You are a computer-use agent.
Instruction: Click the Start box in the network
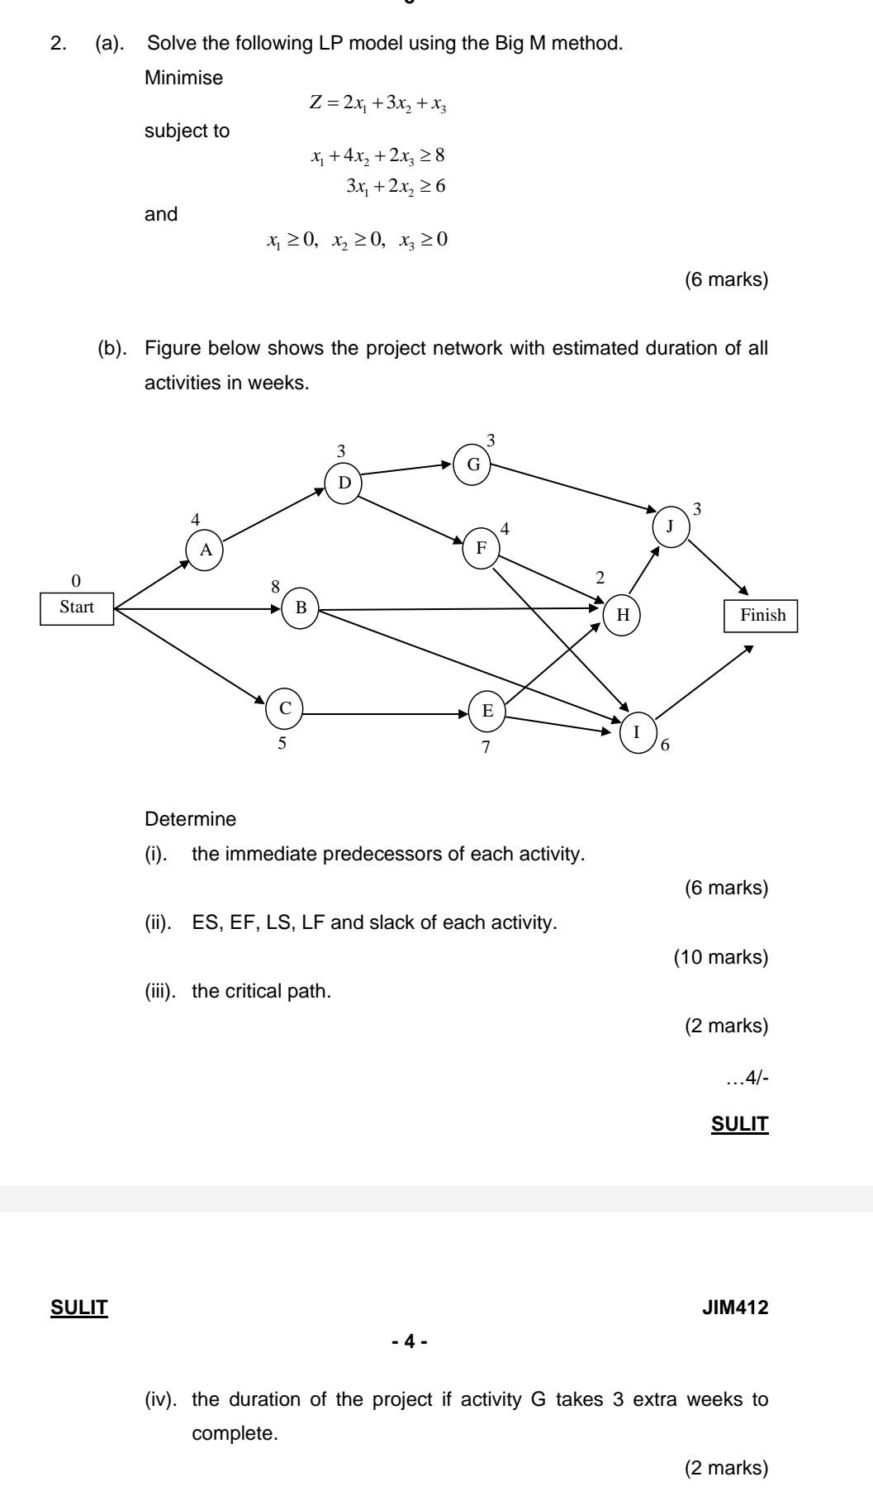(x=77, y=607)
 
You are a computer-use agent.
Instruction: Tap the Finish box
(x=761, y=616)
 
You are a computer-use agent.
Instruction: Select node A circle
(x=205, y=550)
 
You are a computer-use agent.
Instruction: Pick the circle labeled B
(x=301, y=609)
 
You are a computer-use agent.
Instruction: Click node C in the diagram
(x=285, y=708)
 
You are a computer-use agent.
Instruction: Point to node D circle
(x=344, y=483)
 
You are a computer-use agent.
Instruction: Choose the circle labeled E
(x=487, y=711)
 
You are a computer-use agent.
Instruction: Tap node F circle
(x=482, y=548)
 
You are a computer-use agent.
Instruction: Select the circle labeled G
(x=473, y=464)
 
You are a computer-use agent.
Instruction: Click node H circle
(x=623, y=615)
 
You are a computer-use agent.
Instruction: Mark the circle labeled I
(x=636, y=732)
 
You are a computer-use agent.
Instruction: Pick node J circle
(x=671, y=526)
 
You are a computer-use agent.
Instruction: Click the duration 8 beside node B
(x=276, y=587)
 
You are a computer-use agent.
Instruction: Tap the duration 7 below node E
(x=486, y=748)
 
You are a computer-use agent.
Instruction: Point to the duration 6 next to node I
(x=666, y=745)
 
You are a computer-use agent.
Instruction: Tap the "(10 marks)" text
(x=721, y=957)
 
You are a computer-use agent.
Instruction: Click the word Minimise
(x=183, y=79)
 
